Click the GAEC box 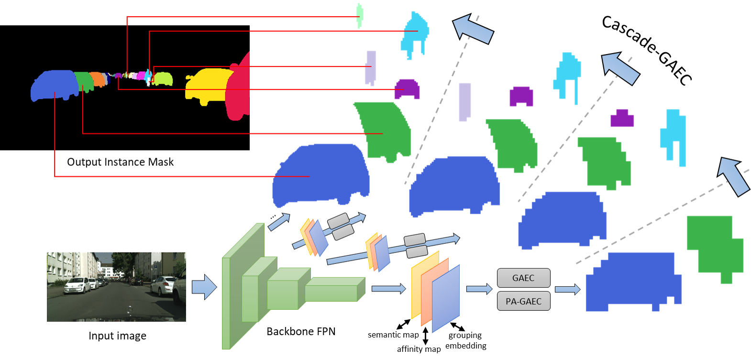coord(523,278)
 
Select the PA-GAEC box coord(523,301)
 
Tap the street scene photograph coord(116,286)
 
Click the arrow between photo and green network coord(204,287)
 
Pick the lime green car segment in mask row coord(163,78)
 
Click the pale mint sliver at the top coord(359,15)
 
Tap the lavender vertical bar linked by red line coord(371,67)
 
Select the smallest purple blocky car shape coord(622,119)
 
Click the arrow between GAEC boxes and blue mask coord(567,289)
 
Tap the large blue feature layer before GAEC coord(446,299)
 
